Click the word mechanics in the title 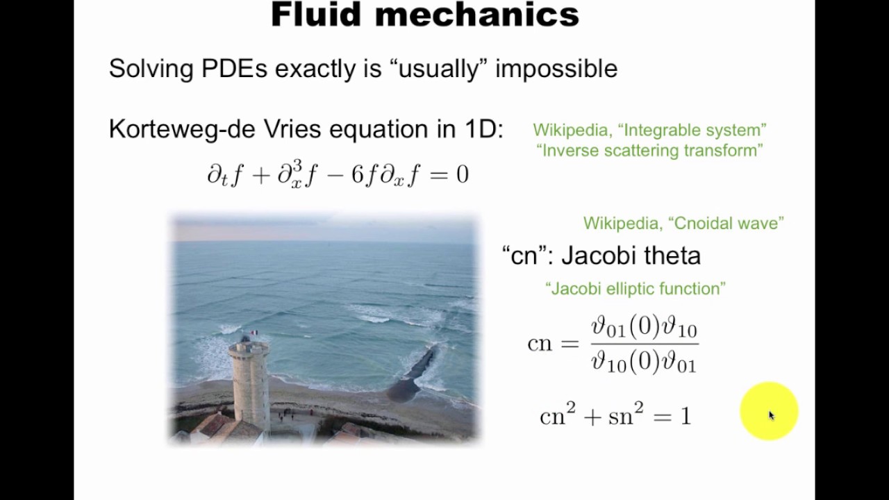[479, 15]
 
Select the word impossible [556, 69]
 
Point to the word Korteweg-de [182, 129]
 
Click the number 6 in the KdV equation [357, 174]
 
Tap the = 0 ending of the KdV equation [452, 174]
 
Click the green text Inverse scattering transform [649, 150]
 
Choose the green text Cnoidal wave [726, 223]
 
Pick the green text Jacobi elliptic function [635, 288]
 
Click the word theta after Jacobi [672, 256]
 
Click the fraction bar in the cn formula [644, 343]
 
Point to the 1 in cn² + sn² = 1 [686, 417]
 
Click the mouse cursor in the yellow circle [770, 415]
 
